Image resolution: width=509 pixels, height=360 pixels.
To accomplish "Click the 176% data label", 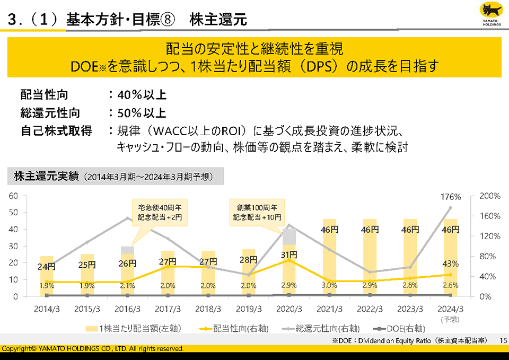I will click(451, 197).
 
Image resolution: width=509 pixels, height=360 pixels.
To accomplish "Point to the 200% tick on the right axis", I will click(489, 196).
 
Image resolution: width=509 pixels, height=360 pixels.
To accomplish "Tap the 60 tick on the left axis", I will click(13, 196).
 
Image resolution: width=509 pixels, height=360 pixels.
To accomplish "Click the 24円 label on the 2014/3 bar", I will click(47, 267).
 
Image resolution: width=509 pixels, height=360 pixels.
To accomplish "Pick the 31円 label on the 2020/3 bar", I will click(288, 254).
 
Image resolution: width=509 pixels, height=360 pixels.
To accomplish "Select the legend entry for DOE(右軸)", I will click(399, 329).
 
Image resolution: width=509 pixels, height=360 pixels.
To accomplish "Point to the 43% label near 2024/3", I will click(451, 264).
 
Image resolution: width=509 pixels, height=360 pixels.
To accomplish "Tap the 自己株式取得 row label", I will click(56, 130).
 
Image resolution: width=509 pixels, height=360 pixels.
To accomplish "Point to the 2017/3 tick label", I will click(168, 308).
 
